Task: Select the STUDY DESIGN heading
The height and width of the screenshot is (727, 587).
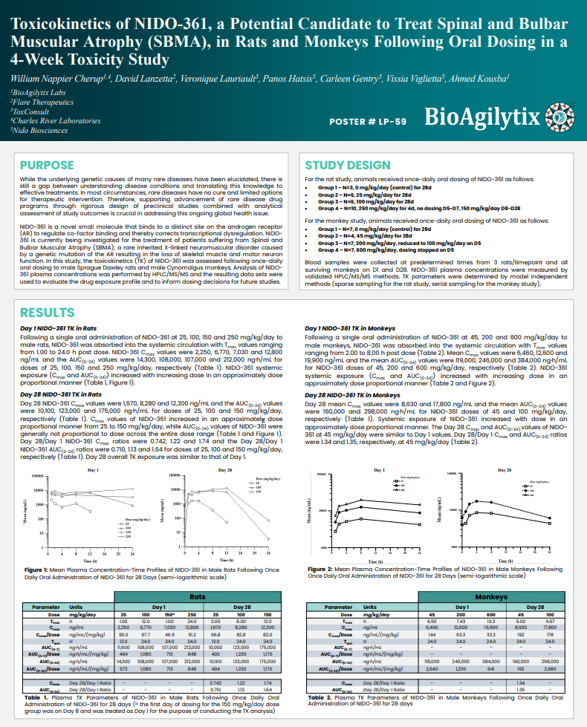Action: [347, 165]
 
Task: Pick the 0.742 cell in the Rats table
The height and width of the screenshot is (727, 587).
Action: [216, 681]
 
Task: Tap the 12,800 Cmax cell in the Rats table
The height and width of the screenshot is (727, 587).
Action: [192, 627]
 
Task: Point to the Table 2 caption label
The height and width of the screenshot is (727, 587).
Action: [320, 697]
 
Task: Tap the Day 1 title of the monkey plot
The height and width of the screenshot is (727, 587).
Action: [380, 471]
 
